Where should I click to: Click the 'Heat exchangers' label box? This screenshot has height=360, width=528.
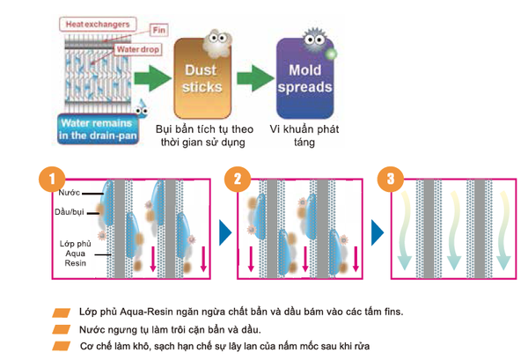click(x=98, y=25)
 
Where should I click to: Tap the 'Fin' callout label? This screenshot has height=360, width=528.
click(x=159, y=30)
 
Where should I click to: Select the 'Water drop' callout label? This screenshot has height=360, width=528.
click(x=138, y=49)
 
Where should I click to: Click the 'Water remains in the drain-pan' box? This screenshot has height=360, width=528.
click(x=98, y=129)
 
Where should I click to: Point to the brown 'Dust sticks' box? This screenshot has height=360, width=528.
click(x=202, y=78)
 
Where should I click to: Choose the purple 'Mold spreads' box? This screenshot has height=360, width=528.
click(x=305, y=78)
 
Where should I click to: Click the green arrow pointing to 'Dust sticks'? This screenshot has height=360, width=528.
click(x=152, y=78)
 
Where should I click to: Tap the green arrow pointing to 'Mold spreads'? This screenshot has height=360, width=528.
click(x=255, y=78)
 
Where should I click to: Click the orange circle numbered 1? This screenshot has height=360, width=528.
click(x=52, y=179)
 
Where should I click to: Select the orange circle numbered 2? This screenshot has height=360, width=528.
click(x=238, y=179)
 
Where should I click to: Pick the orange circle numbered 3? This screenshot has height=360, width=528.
click(x=390, y=179)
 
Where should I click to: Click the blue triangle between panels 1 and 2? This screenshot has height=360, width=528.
click(x=225, y=232)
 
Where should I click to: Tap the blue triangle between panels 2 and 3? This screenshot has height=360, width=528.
click(x=378, y=232)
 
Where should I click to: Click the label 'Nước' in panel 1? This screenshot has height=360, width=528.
click(x=69, y=193)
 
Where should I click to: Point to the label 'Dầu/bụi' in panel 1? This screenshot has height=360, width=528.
click(x=69, y=212)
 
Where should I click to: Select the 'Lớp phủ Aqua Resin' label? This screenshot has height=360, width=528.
click(x=76, y=253)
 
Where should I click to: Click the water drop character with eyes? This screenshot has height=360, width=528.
click(x=142, y=109)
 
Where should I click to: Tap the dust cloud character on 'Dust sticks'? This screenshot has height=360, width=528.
click(x=217, y=43)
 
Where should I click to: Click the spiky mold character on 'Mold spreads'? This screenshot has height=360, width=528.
click(x=314, y=40)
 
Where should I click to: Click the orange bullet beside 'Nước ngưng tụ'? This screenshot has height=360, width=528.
click(x=62, y=329)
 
